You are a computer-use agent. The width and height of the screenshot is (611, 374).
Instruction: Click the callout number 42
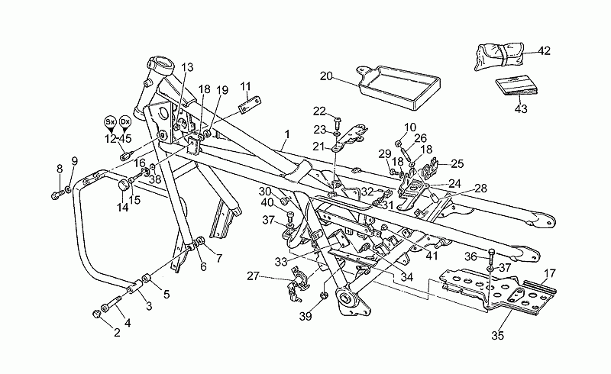click(x=544, y=50)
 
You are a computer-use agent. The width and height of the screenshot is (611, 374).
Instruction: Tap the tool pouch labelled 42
click(x=499, y=57)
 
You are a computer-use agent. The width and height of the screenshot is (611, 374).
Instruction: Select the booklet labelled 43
click(x=516, y=89)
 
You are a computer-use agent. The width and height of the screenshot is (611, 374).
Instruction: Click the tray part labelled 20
click(x=399, y=86)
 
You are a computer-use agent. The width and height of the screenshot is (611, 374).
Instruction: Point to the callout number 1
click(x=287, y=135)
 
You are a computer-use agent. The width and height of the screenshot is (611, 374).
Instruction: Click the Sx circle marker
click(x=109, y=121)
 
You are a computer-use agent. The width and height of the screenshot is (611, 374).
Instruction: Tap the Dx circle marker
click(x=124, y=121)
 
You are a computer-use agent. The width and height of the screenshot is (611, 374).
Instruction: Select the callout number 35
click(x=498, y=335)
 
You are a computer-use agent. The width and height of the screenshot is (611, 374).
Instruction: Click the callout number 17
click(x=549, y=273)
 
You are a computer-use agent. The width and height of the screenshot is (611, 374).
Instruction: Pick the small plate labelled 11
click(x=250, y=105)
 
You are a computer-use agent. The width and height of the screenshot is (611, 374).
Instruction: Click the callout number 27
click(x=254, y=276)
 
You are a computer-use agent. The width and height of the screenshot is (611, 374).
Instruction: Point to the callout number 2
click(x=117, y=332)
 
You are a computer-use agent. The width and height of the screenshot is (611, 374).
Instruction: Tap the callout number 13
click(x=187, y=67)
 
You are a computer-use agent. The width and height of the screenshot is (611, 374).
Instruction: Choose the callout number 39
click(x=306, y=317)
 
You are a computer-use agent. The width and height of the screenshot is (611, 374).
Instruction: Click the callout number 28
click(x=481, y=189)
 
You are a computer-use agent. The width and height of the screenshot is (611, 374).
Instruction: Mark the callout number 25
click(x=457, y=163)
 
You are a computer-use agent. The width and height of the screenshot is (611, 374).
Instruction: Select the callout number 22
click(x=319, y=111)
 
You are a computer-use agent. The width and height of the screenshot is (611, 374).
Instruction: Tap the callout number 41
click(x=432, y=256)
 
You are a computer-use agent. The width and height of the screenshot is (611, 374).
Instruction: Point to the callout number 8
click(x=60, y=169)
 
